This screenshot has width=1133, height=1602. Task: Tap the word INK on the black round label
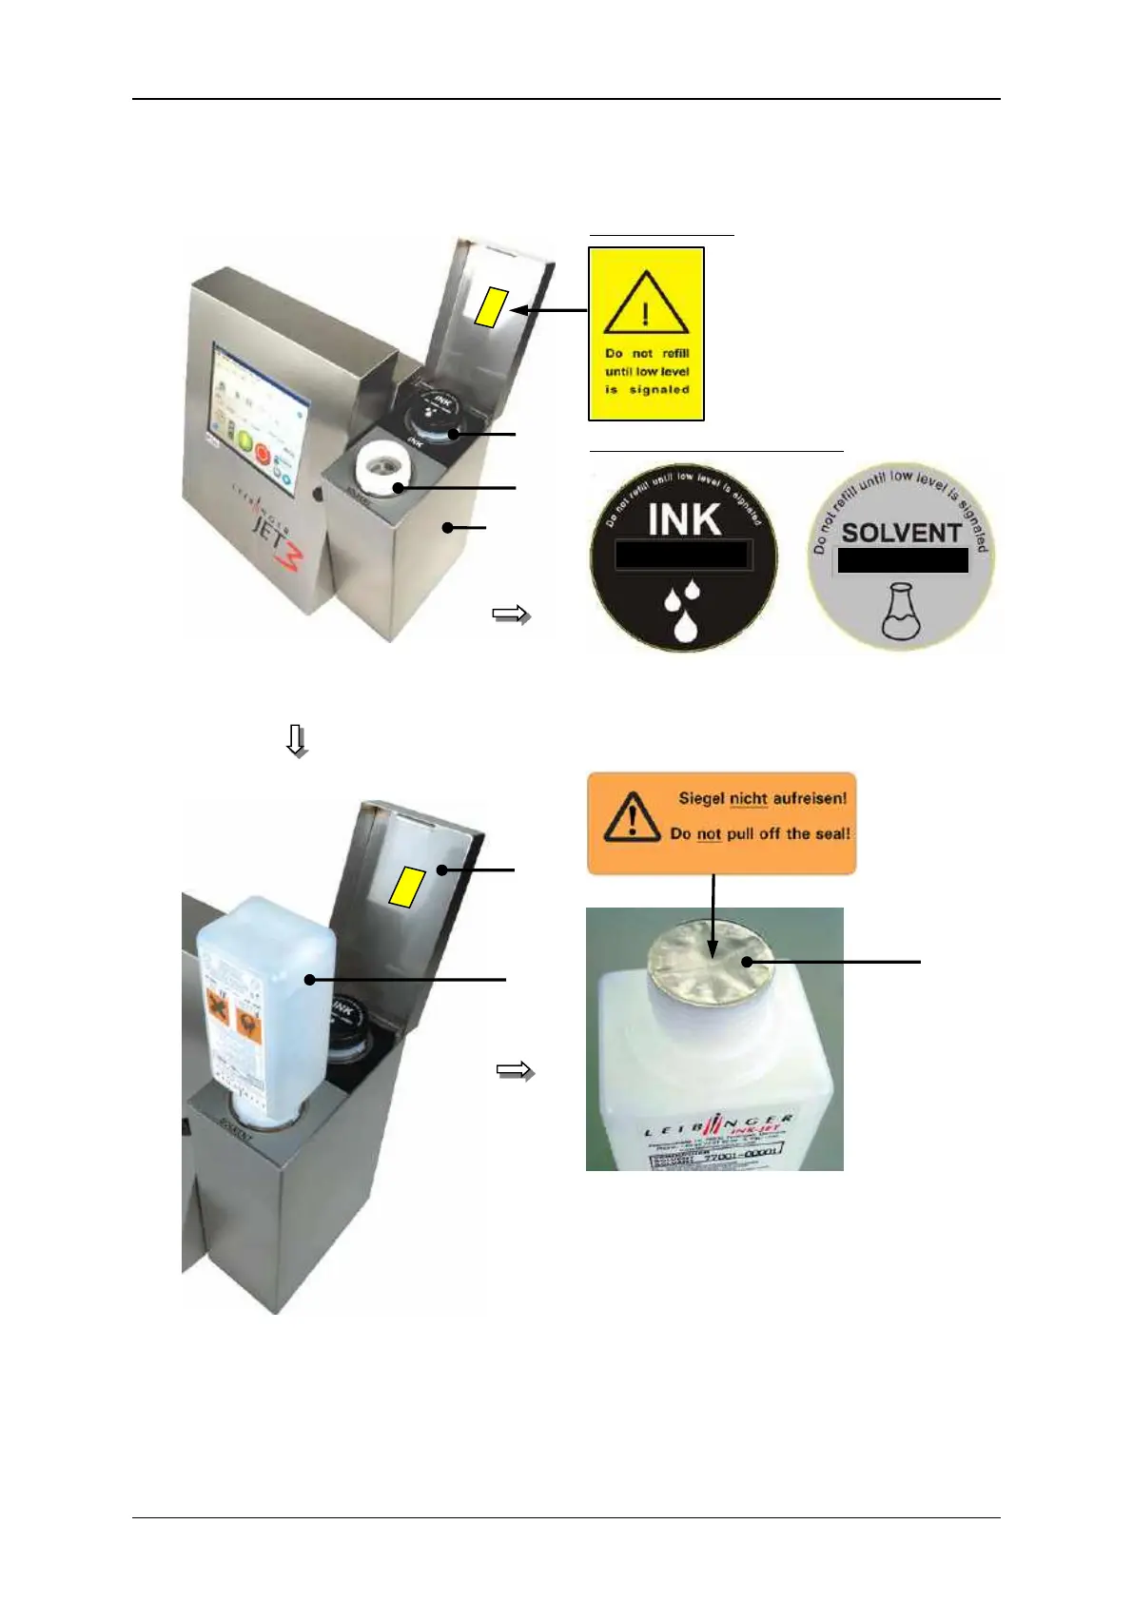tap(684, 519)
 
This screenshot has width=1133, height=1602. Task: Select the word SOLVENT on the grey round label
tap(901, 533)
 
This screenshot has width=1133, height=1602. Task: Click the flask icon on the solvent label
tap(901, 613)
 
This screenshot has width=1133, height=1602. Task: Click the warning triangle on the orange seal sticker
tap(631, 818)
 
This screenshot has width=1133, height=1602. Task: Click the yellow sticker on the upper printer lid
tap(490, 306)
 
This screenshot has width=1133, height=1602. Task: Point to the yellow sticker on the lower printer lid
tap(406, 887)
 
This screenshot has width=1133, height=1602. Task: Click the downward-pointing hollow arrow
tap(297, 740)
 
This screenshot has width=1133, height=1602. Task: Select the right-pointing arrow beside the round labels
tap(511, 615)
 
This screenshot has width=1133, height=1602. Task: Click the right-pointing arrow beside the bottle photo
tap(515, 1071)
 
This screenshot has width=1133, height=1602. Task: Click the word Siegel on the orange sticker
tap(701, 798)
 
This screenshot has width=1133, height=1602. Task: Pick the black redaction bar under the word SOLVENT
tap(902, 560)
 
